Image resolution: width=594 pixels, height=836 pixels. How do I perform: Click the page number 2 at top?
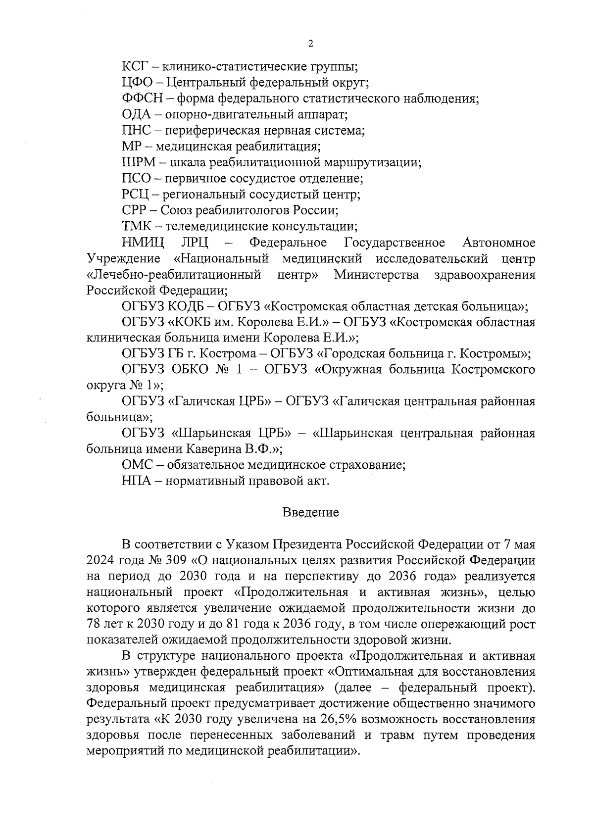coord(310,44)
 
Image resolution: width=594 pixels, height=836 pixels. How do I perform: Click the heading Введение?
coord(310,512)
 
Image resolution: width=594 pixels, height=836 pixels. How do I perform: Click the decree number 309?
coord(173,560)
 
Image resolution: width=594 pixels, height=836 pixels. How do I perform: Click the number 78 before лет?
coord(94,624)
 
